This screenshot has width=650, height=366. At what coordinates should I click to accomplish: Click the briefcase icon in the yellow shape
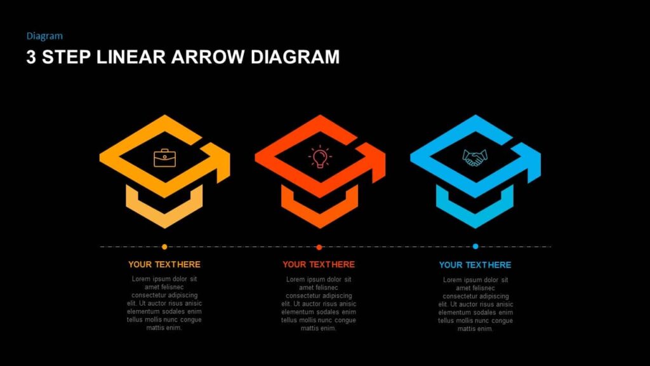(x=164, y=158)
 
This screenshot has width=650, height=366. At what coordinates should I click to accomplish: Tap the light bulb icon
(x=320, y=156)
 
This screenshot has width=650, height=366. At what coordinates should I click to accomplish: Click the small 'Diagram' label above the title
(x=44, y=36)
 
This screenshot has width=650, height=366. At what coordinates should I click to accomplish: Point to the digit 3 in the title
(x=31, y=57)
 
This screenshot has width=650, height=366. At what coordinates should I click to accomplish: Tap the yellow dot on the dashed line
(x=164, y=247)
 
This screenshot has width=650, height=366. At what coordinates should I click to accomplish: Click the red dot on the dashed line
(x=319, y=247)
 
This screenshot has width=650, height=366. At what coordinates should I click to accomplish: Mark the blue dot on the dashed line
(x=475, y=247)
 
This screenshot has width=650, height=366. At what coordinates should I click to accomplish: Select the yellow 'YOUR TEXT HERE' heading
(x=164, y=264)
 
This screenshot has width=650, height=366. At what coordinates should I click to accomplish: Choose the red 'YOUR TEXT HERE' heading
(x=319, y=264)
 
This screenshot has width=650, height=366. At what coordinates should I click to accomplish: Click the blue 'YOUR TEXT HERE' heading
(x=475, y=265)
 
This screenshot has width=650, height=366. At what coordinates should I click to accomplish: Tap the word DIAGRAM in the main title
(x=295, y=57)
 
